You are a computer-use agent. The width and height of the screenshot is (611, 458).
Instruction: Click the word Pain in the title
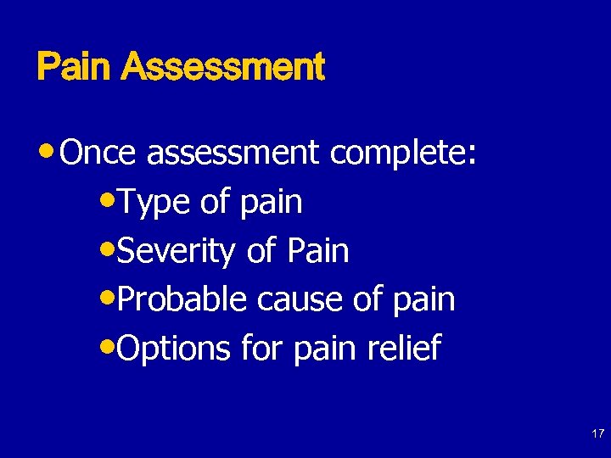(x=75, y=66)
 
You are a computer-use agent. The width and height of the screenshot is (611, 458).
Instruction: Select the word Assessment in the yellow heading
(x=222, y=66)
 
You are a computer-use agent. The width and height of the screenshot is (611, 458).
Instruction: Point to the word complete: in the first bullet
(x=404, y=154)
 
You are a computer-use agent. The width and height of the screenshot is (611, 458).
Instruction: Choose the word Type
(x=154, y=202)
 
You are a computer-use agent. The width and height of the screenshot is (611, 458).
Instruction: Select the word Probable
(x=182, y=299)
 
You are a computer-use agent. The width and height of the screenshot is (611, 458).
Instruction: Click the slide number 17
(x=597, y=433)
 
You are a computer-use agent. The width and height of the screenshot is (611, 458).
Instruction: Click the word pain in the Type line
(x=271, y=204)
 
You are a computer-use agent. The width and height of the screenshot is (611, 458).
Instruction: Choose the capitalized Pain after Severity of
(x=317, y=250)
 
